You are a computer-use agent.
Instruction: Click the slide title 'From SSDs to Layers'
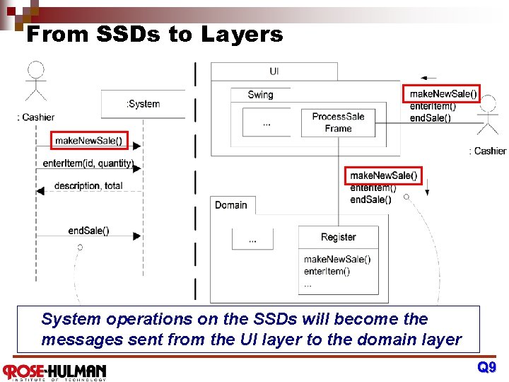(154, 34)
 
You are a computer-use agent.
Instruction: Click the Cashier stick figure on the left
(35, 83)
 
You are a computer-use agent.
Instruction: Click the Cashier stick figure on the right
(488, 117)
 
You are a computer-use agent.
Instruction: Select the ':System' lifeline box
(143, 104)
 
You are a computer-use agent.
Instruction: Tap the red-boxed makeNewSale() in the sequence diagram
(89, 141)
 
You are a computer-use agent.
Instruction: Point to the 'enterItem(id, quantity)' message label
(88, 163)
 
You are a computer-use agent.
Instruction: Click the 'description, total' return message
(88, 186)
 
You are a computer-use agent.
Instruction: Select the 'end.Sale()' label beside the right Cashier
(430, 118)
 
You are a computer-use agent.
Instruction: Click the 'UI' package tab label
(274, 71)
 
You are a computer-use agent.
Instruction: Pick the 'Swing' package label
(260, 95)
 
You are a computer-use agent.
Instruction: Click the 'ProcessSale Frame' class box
(338, 122)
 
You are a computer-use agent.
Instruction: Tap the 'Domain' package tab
(231, 205)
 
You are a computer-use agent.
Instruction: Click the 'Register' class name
(338, 237)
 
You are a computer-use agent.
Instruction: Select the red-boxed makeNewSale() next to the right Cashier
(443, 93)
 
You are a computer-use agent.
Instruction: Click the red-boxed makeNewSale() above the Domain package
(384, 175)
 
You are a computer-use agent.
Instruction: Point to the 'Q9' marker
(486, 367)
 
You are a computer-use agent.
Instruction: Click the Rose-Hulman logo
(54, 371)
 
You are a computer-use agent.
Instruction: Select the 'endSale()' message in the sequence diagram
(88, 231)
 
